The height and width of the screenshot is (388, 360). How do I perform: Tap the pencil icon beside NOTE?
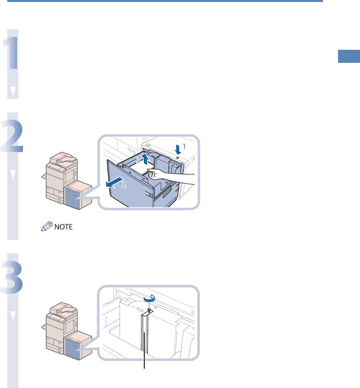click(x=46, y=226)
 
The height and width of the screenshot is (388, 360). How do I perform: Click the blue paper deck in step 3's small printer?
click(x=72, y=349)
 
